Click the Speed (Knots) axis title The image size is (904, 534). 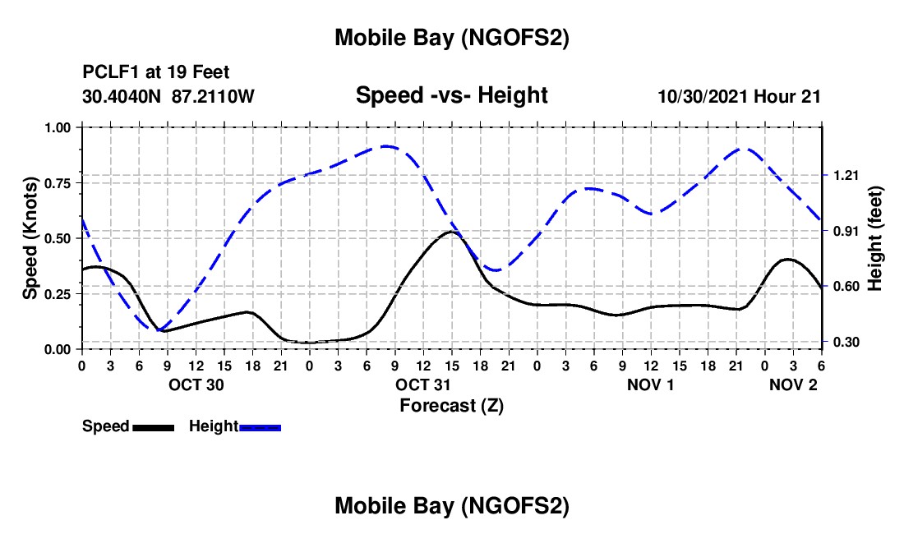[x=30, y=238]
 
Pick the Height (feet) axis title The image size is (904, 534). [x=875, y=238]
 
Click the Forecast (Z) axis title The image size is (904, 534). [x=451, y=405]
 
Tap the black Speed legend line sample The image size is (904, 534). [x=153, y=426]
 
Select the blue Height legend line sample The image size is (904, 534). [x=260, y=426]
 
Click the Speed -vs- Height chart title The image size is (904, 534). [x=451, y=95]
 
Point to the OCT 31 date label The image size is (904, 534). [x=422, y=384]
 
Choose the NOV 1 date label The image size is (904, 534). [x=650, y=384]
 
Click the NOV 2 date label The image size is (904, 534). [x=793, y=384]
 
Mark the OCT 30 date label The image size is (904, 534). [x=195, y=384]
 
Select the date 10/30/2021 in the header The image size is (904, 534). [x=703, y=96]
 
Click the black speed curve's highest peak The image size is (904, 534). [x=451, y=232]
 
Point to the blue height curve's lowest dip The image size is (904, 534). [x=158, y=329]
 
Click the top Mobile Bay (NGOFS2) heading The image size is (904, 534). [x=451, y=38]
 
